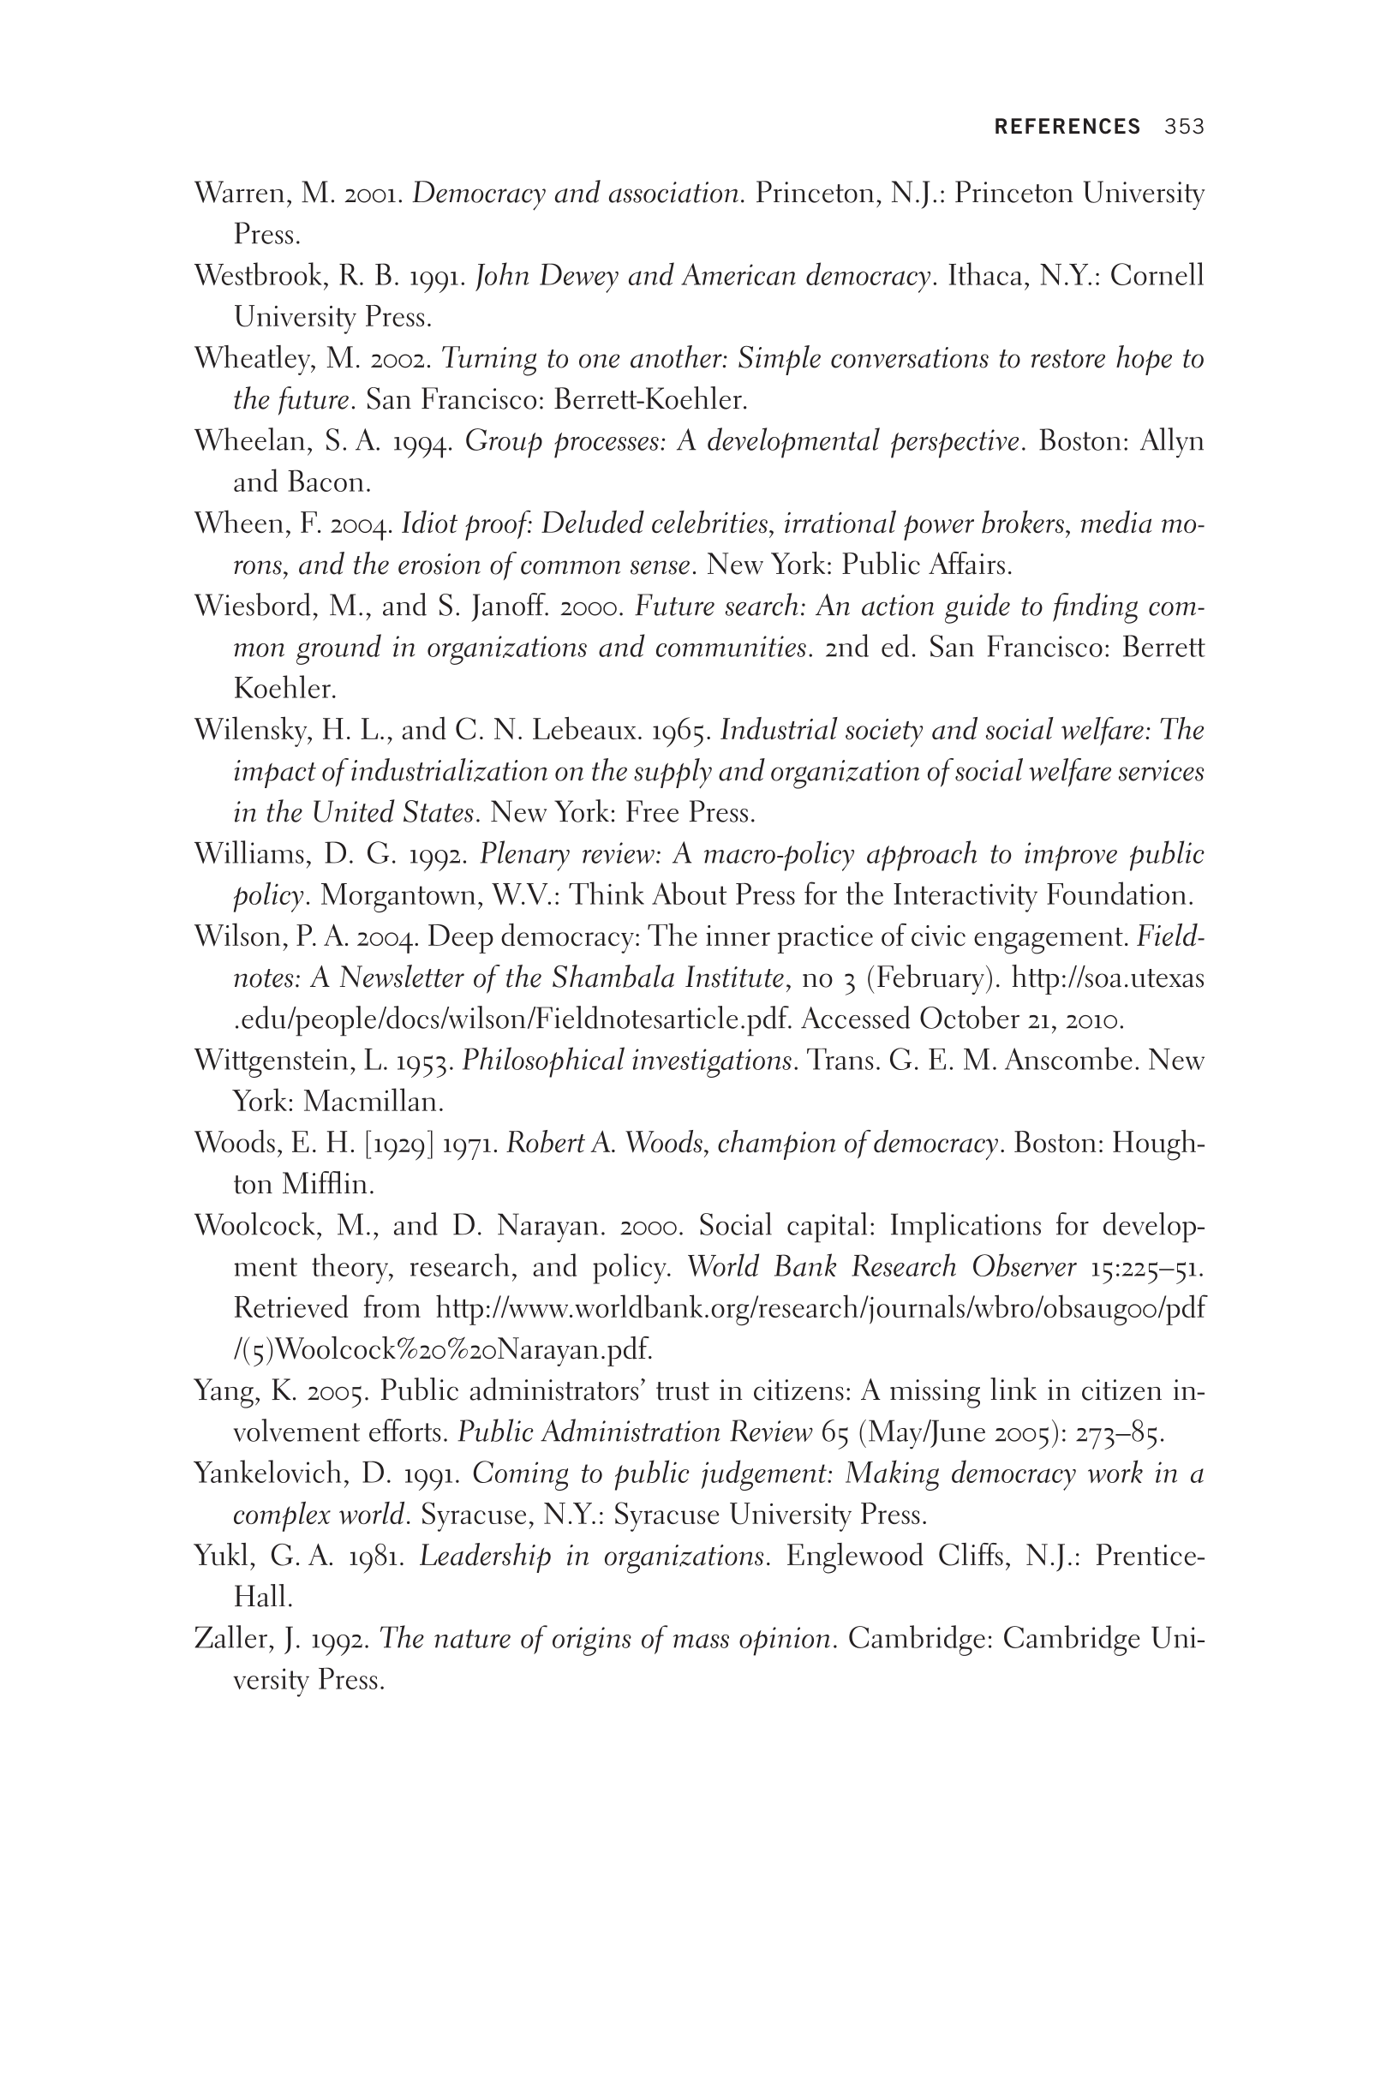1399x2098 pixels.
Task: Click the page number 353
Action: click(x=1184, y=127)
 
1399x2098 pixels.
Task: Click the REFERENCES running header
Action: click(x=1067, y=127)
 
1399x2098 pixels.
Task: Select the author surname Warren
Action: click(x=239, y=194)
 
